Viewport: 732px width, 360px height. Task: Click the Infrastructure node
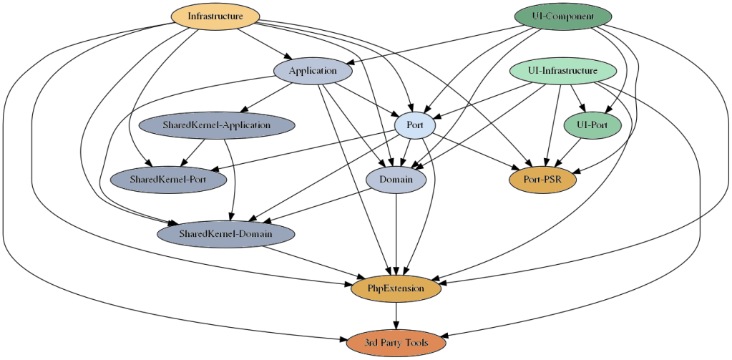[x=215, y=16]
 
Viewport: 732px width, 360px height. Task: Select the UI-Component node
[x=563, y=16]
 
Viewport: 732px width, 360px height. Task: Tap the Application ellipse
[x=313, y=71]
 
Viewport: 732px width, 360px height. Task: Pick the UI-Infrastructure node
[x=562, y=71]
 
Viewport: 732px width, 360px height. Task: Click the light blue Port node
[x=414, y=125]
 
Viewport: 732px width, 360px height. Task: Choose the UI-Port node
[x=592, y=125]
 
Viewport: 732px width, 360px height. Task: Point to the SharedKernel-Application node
[x=216, y=125]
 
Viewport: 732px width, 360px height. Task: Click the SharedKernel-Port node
[x=168, y=179]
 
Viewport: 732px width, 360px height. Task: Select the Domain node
[x=396, y=180]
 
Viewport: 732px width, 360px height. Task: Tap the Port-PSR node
[x=542, y=180]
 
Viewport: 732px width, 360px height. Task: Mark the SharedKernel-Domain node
[x=225, y=234]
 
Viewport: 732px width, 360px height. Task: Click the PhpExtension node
[x=396, y=288]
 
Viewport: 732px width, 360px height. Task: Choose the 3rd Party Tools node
[x=396, y=343]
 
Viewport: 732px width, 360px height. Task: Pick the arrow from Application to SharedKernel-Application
[x=266, y=97]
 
